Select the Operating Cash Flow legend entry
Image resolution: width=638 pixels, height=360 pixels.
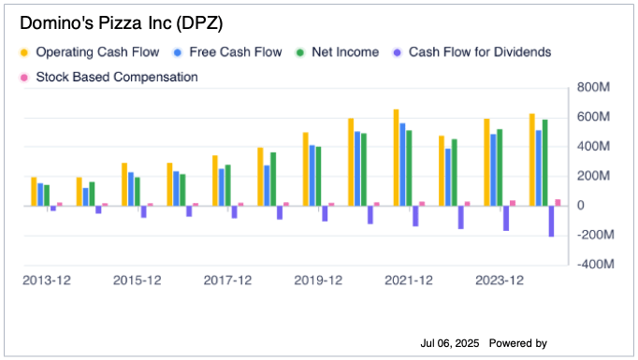coord(89,52)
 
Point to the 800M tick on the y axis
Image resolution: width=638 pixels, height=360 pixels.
coord(593,88)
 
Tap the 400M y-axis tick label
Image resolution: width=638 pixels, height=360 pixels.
coord(593,147)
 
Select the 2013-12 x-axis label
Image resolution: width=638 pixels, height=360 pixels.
coord(47,280)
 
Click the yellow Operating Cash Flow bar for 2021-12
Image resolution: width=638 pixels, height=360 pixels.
coord(396,157)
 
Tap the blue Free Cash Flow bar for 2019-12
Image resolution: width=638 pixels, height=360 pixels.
coord(312,175)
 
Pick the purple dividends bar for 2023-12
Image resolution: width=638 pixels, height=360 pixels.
coord(506,218)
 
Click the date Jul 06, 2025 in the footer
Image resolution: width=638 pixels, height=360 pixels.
coord(450,344)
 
